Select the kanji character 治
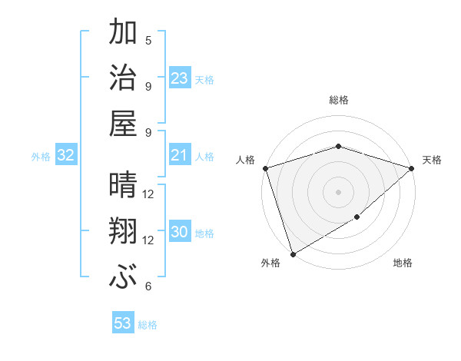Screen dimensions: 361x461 [x=123, y=78]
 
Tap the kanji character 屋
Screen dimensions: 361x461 [x=123, y=124]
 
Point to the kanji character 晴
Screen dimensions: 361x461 [x=123, y=185]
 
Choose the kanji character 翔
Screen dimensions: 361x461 [x=123, y=231]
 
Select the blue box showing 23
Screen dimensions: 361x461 [x=180, y=78]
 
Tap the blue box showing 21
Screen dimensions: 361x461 [x=180, y=156]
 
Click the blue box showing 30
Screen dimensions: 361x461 [x=180, y=233]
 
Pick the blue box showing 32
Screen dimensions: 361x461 [x=66, y=156]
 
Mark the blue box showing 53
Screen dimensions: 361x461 [x=123, y=323]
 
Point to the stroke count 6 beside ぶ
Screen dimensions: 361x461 [x=148, y=286]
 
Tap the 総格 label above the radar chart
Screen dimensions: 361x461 [x=339, y=100]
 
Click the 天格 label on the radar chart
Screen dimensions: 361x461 [x=433, y=160]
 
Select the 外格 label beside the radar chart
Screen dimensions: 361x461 [x=270, y=263]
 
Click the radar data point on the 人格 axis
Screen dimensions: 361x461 [x=265, y=168]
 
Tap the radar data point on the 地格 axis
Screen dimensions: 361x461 [x=357, y=217]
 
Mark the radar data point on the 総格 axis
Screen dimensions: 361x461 [x=339, y=146]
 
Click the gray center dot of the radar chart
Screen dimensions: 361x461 [x=339, y=192]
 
